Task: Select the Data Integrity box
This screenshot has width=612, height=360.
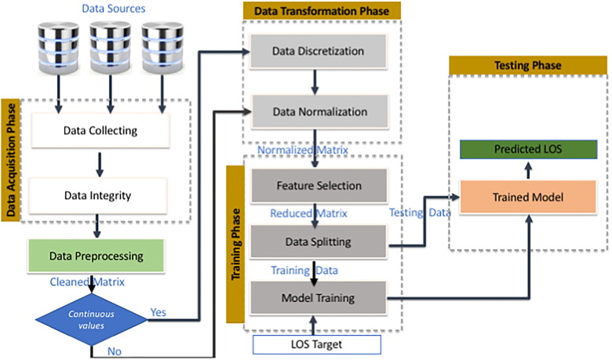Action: pos(97,195)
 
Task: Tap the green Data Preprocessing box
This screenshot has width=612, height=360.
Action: pos(95,256)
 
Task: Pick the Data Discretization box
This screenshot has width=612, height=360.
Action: pos(317,52)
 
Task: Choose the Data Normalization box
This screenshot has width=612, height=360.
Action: pos(317,111)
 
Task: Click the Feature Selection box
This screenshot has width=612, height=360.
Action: pos(318,186)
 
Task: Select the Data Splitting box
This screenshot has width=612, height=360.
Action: pos(318,242)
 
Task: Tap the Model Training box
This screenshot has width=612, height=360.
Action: pos(318,298)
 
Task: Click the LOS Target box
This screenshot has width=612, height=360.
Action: pos(316,344)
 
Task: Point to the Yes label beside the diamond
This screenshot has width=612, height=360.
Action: pos(158,311)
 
